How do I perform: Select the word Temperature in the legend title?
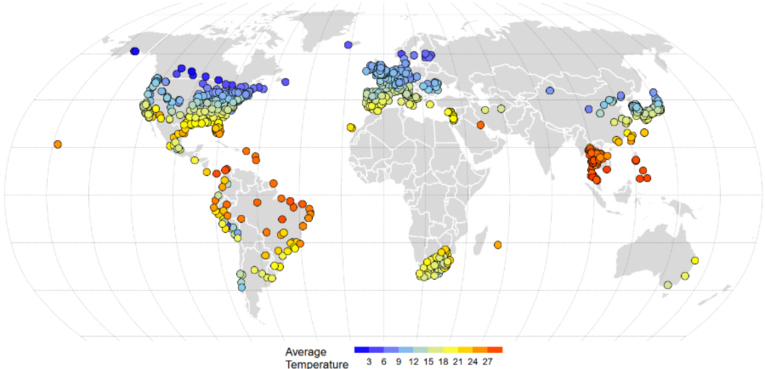[x=316, y=364]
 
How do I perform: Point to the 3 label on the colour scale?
[x=368, y=362]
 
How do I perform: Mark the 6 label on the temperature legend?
[x=384, y=362]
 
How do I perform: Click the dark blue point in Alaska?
[x=134, y=52]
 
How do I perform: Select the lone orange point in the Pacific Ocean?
[x=58, y=144]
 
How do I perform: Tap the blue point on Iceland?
[x=348, y=44]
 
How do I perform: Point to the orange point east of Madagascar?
[x=497, y=245]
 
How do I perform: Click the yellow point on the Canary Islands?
[x=351, y=128]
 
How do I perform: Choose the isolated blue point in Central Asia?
[x=550, y=90]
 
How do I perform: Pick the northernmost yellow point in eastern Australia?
[x=695, y=260]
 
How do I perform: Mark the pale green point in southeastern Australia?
[x=667, y=285]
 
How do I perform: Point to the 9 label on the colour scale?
[x=399, y=362]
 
